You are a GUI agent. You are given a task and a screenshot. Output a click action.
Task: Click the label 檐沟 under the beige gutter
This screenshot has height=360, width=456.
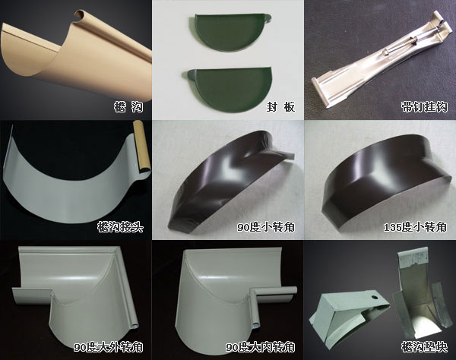pyautogui.click(x=128, y=106)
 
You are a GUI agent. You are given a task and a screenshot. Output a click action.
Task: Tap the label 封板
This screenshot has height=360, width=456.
pyautogui.click(x=280, y=106)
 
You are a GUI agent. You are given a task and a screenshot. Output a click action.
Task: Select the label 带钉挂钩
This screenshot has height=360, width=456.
pyautogui.click(x=424, y=106)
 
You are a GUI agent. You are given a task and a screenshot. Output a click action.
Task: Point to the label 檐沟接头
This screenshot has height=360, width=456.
pyautogui.click(x=120, y=226)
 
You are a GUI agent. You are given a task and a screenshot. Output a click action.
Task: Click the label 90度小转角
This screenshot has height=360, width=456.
pyautogui.click(x=266, y=226)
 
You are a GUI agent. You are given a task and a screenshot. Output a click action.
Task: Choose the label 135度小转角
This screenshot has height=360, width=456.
pyautogui.click(x=415, y=226)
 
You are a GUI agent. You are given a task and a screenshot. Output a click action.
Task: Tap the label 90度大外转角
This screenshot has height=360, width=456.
pyautogui.click(x=108, y=347)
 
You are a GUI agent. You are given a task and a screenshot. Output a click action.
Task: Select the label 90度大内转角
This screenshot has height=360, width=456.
pyautogui.click(x=261, y=347)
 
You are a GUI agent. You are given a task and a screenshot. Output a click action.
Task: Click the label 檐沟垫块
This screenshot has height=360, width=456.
pyautogui.click(x=424, y=347)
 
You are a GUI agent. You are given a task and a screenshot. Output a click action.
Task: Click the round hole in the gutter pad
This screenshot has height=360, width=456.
pyautogui.click(x=374, y=298)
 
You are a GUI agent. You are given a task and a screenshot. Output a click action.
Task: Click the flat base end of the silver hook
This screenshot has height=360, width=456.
pyautogui.click(x=324, y=93)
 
